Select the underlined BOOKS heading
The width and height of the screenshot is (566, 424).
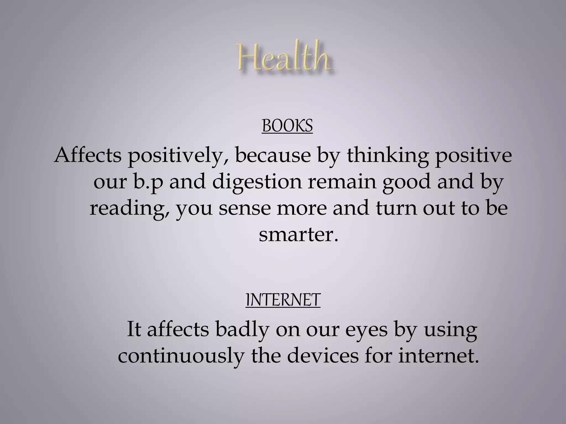click(x=287, y=126)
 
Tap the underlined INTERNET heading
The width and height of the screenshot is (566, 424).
click(x=283, y=300)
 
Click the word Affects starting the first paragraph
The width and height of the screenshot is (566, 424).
click(x=88, y=155)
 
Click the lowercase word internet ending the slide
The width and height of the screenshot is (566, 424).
click(x=439, y=356)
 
